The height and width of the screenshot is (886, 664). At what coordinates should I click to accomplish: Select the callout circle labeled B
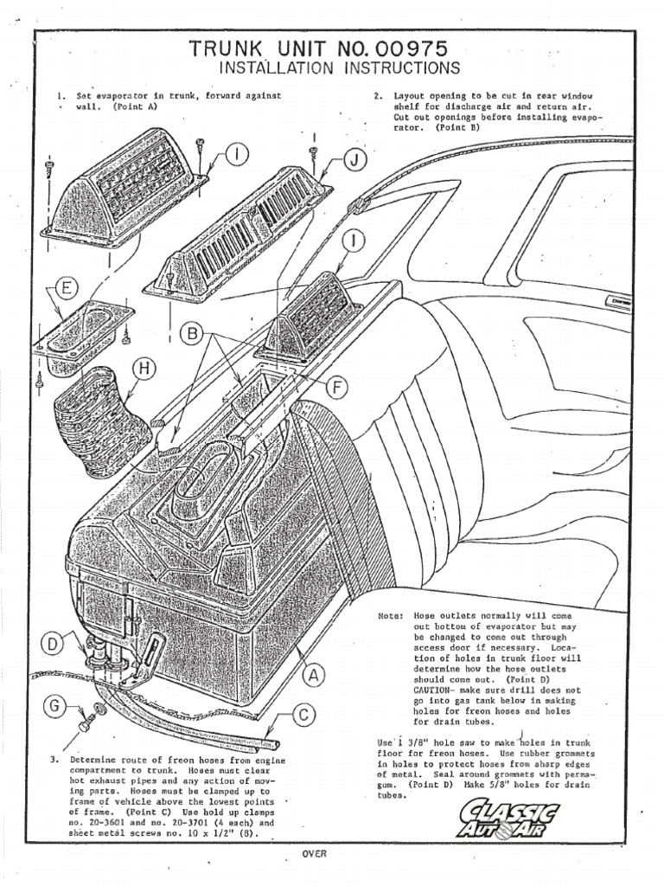(x=193, y=332)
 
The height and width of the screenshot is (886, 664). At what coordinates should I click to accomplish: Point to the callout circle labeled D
(x=54, y=645)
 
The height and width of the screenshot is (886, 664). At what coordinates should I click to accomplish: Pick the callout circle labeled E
(x=66, y=290)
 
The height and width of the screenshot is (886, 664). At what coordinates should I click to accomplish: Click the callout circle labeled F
(x=334, y=388)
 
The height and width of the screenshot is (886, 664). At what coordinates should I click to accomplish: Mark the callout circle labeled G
(x=54, y=707)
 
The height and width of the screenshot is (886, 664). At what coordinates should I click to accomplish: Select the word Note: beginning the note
(x=390, y=615)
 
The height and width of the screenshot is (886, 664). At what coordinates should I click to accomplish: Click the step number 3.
(x=53, y=761)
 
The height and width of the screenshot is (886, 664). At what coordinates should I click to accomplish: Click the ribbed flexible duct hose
(x=93, y=415)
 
